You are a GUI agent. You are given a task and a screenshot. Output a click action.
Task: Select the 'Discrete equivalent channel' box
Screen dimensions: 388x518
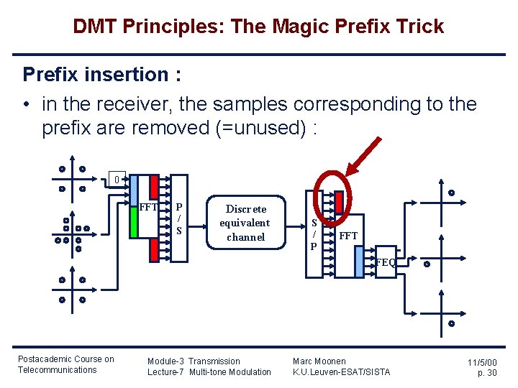pos(245,223)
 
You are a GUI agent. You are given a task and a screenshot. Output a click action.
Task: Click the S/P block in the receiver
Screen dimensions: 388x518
pos(314,234)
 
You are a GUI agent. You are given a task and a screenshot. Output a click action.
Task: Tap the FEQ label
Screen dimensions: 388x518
pos(386,263)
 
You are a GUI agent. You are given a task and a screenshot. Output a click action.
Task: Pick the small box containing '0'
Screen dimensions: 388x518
pos(116,178)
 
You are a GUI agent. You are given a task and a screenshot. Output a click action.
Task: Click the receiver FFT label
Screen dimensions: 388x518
pos(348,236)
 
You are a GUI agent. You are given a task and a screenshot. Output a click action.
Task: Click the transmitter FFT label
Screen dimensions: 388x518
pos(149,208)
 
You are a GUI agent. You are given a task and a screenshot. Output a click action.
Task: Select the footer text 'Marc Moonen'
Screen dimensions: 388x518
pos(319,361)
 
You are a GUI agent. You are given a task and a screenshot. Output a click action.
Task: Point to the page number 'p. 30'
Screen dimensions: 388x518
pos(487,374)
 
